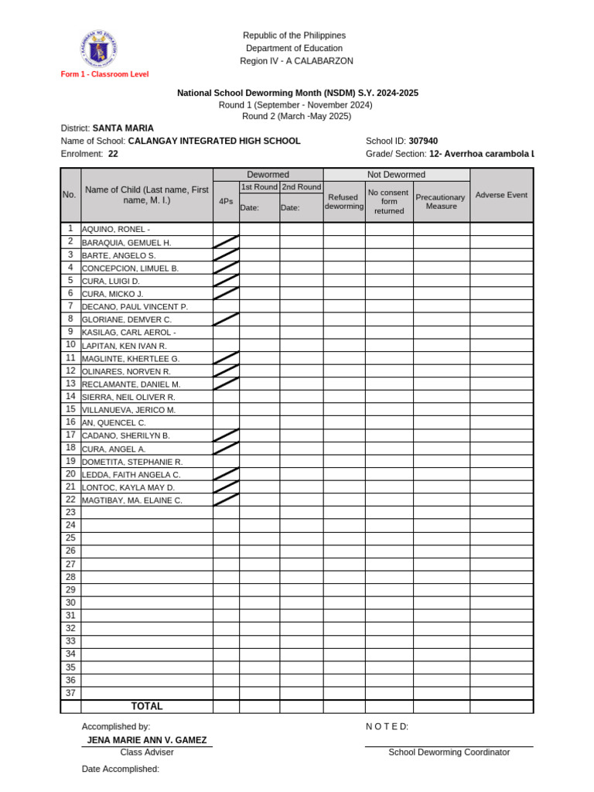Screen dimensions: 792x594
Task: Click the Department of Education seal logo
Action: pos(99,49)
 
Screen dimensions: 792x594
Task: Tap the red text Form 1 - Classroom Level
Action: pos(105,74)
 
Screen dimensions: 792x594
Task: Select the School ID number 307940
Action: pos(423,142)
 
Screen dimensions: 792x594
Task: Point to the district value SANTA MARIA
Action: pos(123,128)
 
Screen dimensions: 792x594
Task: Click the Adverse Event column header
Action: pos(501,195)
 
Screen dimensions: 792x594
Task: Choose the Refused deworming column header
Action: pos(343,202)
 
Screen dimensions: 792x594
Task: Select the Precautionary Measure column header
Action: pos(441,202)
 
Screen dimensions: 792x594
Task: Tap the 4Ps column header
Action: pos(226,201)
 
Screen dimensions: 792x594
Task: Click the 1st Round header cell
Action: pos(259,187)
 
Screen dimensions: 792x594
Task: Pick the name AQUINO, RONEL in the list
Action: pos(116,230)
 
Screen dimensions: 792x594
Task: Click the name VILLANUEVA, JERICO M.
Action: pos(129,410)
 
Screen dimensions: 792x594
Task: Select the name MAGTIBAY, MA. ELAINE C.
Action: pos(132,500)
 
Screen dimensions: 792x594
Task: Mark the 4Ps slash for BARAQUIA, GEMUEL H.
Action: pos(226,242)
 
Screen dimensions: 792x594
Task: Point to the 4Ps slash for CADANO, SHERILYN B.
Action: pos(226,435)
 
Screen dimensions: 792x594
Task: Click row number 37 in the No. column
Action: pos(70,693)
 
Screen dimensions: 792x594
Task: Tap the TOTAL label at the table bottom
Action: pos(147,706)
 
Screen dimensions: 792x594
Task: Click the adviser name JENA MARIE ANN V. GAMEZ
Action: pos(147,740)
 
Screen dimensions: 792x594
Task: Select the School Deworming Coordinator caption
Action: pos(449,753)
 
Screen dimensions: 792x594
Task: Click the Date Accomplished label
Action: pos(121,769)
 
